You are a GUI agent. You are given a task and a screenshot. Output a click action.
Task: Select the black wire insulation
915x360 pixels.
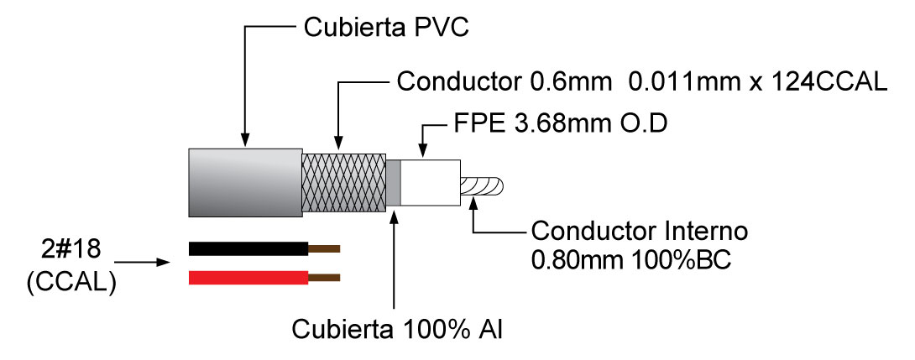click(x=247, y=248)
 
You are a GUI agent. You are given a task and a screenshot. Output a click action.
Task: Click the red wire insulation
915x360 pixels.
click(x=247, y=277)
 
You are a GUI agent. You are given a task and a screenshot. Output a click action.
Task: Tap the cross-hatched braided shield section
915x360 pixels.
click(x=343, y=182)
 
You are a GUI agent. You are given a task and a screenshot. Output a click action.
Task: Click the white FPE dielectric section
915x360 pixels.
click(x=431, y=183)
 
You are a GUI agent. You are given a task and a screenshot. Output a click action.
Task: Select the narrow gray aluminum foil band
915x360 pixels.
click(x=394, y=183)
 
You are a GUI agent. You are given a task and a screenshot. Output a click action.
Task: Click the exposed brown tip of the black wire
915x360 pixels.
click(x=323, y=248)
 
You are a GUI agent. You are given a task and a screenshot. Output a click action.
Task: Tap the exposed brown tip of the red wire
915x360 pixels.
click(x=323, y=277)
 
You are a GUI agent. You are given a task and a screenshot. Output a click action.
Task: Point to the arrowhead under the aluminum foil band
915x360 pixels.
click(x=394, y=215)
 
